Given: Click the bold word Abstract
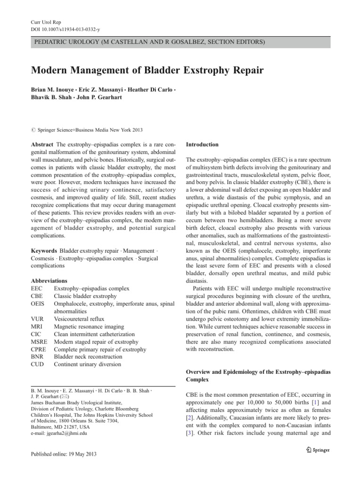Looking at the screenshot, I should [x=42, y=144].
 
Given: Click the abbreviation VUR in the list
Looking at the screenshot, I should [x=38, y=319].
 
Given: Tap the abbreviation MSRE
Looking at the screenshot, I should [x=40, y=342].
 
